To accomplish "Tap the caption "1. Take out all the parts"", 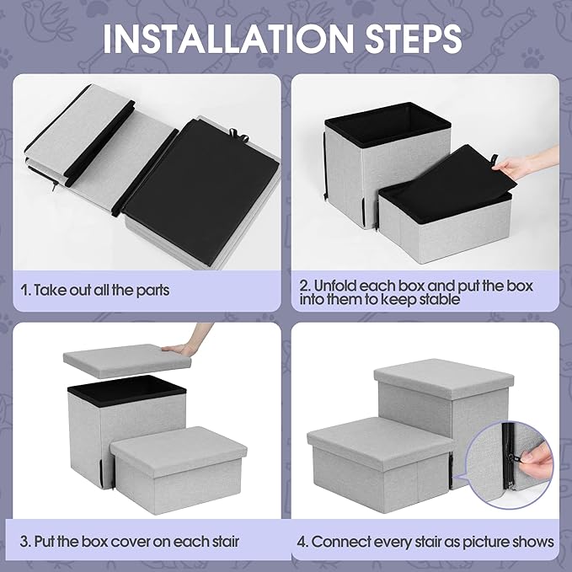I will click(95, 290).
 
